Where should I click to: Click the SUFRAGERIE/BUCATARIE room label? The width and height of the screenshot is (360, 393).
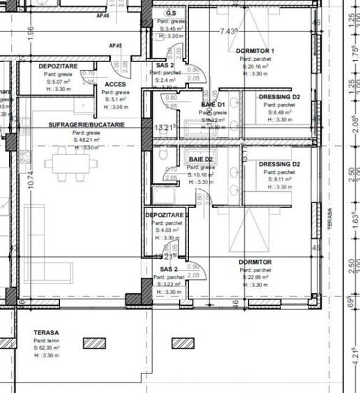[87, 124]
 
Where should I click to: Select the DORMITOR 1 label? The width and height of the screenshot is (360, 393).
[256, 52]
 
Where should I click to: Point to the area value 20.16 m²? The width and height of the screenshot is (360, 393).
[259, 66]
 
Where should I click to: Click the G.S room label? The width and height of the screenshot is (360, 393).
[171, 14]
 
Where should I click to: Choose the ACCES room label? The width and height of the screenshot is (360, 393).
[114, 84]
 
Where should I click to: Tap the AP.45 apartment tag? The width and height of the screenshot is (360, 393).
[116, 46]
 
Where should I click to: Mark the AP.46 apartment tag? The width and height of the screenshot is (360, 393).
[103, 15]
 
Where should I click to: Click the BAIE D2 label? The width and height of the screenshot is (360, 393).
[201, 160]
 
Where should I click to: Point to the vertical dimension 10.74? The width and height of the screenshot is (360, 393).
[29, 180]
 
